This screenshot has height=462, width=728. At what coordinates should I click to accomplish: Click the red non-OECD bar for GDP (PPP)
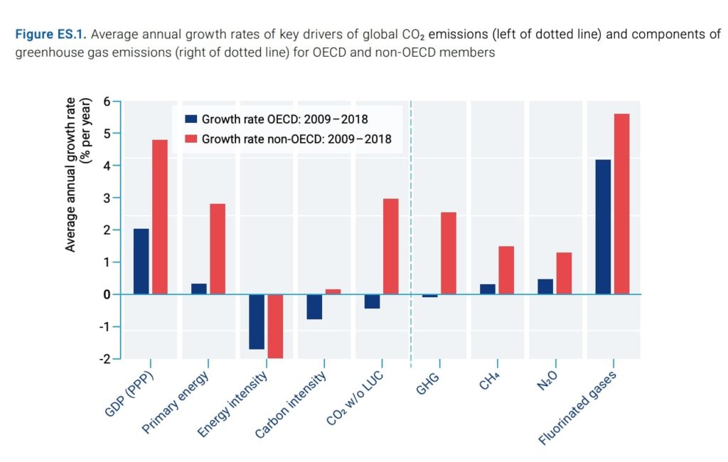coord(159,217)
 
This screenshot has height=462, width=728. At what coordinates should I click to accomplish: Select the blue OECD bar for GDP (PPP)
coord(141,262)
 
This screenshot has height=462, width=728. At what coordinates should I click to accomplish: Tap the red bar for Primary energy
coord(218,249)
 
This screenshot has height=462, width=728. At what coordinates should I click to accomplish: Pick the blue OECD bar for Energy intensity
coord(257,321)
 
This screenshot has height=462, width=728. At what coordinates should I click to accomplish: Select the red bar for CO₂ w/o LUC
coord(391,246)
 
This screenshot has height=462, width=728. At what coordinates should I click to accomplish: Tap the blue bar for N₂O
coord(545,286)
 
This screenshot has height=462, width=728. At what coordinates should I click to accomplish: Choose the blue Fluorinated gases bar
coord(603,227)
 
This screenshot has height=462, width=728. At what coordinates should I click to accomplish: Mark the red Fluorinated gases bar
coord(621,204)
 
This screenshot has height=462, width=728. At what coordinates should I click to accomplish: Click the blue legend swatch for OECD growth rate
coord(190,119)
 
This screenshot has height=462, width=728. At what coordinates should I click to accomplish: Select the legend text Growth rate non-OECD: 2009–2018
coord(296,139)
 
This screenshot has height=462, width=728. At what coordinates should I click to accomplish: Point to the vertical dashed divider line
coord(412,235)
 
